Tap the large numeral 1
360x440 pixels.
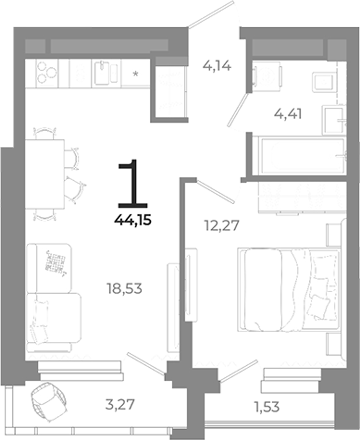128,183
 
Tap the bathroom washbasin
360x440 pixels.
268,80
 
